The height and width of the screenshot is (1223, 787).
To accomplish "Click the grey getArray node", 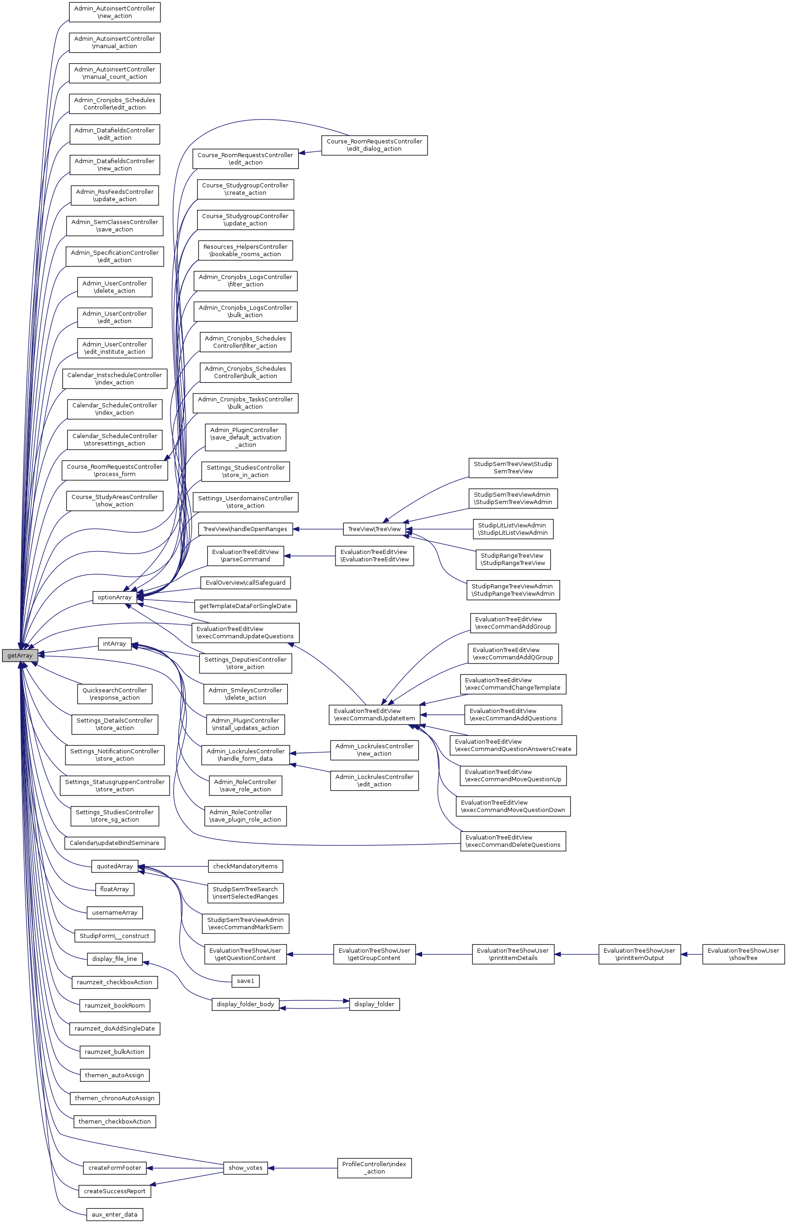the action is pyautogui.click(x=20, y=655).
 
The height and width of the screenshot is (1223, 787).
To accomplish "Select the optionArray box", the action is pyautogui.click(x=115, y=597).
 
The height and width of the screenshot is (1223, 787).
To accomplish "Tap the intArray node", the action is pyautogui.click(x=115, y=644).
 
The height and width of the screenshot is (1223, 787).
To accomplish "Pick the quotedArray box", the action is pyautogui.click(x=115, y=867).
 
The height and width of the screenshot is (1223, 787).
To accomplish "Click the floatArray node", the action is pyautogui.click(x=115, y=889).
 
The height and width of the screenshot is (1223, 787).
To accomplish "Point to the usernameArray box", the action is pyautogui.click(x=115, y=912).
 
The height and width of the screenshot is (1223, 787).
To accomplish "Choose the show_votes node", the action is pyautogui.click(x=245, y=1168).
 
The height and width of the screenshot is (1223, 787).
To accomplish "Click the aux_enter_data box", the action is pyautogui.click(x=115, y=1214).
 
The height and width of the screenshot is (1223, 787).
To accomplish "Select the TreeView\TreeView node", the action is pyautogui.click(x=374, y=529).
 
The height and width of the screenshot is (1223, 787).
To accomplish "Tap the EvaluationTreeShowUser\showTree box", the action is pyautogui.click(x=743, y=954).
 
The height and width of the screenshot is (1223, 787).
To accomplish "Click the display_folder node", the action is pyautogui.click(x=374, y=1004).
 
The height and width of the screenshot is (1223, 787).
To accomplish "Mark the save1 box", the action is pyautogui.click(x=245, y=981).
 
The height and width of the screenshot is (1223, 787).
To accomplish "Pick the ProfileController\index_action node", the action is pyautogui.click(x=374, y=1168).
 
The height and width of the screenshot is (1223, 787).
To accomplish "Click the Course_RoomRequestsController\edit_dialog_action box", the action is pyautogui.click(x=374, y=145).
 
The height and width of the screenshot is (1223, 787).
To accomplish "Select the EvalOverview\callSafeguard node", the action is pyautogui.click(x=245, y=583).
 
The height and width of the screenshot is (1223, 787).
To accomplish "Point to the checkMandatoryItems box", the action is pyautogui.click(x=245, y=867).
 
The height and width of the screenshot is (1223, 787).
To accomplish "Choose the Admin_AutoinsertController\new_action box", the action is pyautogui.click(x=115, y=12).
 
